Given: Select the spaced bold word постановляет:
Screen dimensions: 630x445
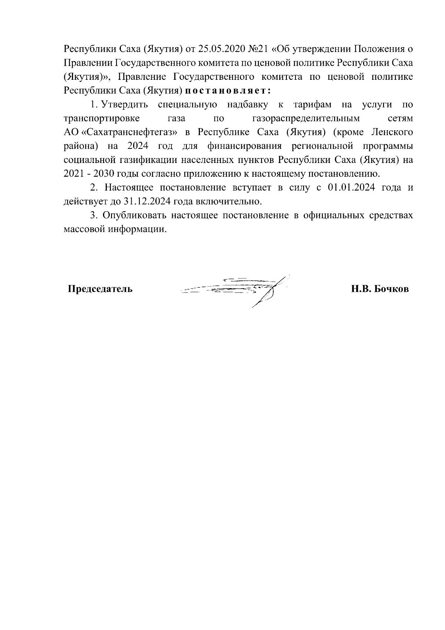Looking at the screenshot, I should coord(228,91).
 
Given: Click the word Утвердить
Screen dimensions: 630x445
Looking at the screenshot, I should coord(125,105).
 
